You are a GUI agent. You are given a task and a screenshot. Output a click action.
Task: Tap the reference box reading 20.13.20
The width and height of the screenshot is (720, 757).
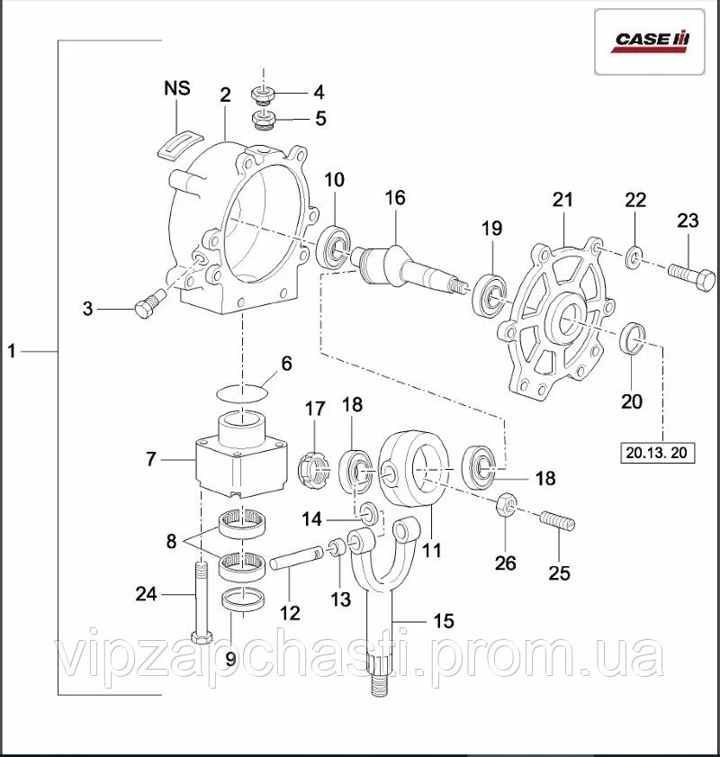click(x=658, y=453)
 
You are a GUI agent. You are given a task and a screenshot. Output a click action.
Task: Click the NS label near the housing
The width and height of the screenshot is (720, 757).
click(x=176, y=88)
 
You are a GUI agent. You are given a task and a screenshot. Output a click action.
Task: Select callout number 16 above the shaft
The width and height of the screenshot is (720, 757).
click(x=397, y=196)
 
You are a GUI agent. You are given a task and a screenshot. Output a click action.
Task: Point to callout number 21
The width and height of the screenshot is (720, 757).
click(x=562, y=200)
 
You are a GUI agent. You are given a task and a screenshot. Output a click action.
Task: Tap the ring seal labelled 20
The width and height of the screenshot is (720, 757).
click(x=633, y=338)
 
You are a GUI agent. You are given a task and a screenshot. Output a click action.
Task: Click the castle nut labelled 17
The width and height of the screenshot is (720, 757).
click(x=310, y=468)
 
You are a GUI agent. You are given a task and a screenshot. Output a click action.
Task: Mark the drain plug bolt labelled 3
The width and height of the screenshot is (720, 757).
click(x=144, y=308)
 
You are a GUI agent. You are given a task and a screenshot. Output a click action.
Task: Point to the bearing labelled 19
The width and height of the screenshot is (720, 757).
click(x=490, y=291)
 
